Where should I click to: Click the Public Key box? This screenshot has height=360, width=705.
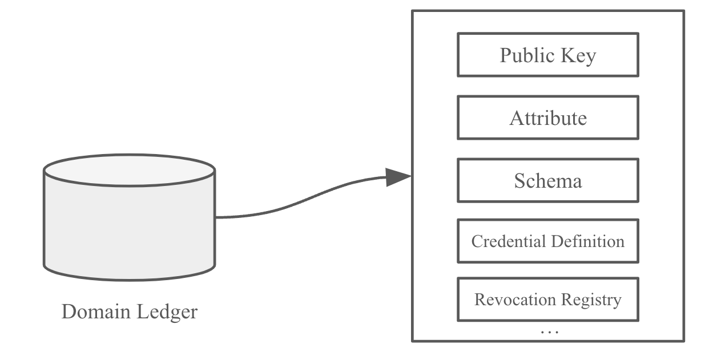tap(547, 55)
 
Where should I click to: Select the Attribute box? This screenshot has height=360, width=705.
tap(547, 118)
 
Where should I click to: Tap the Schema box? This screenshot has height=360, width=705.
tap(547, 180)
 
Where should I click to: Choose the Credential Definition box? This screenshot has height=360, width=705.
tap(547, 241)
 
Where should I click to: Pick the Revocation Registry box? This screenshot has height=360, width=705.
tap(547, 299)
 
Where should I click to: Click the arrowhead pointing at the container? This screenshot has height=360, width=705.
tap(398, 177)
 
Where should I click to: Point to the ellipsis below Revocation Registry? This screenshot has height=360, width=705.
tap(549, 331)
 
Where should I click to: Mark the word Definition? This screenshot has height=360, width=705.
tap(588, 241)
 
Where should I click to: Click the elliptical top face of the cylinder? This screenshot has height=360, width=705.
tap(130, 169)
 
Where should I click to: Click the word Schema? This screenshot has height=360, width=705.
tap(547, 181)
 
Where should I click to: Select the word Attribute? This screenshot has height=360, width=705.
tap(547, 118)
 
